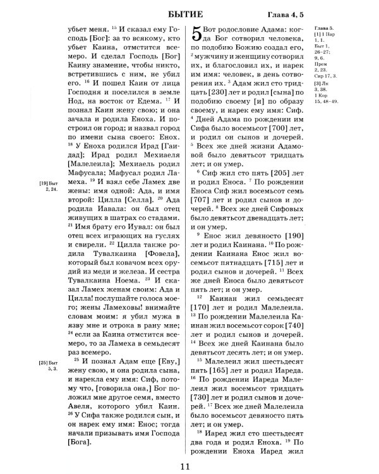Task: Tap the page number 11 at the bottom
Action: [185, 467]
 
